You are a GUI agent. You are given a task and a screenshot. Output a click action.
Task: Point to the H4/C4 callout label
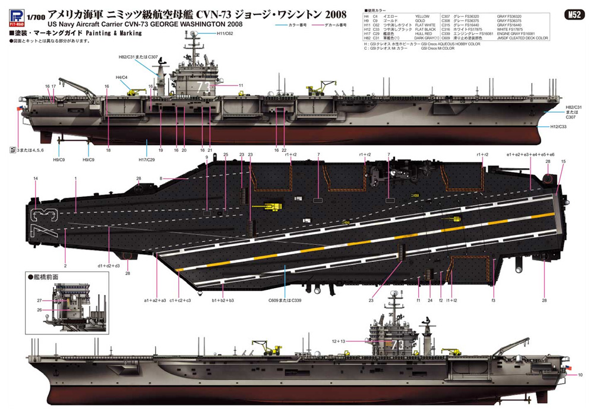[121, 78]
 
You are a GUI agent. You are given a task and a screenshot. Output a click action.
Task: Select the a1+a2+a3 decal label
[154, 301]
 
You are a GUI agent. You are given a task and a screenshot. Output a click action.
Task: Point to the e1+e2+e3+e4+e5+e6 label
[530, 154]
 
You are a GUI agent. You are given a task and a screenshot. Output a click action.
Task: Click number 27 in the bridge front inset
[39, 301]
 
